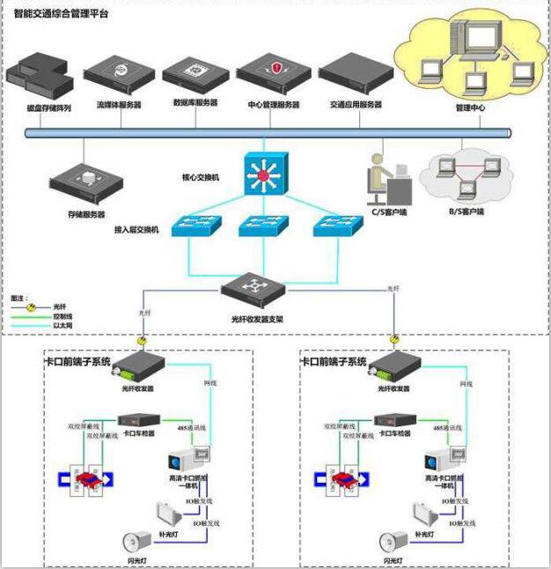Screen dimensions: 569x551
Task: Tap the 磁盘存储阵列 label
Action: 36,107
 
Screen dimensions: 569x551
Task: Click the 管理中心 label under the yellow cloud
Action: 470,107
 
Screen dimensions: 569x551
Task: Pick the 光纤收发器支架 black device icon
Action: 253,288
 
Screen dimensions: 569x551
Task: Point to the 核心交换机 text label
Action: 201,177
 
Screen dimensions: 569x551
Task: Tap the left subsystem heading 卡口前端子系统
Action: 77,361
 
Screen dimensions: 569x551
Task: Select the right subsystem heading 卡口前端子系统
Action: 334,361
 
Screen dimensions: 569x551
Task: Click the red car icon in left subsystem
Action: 86,478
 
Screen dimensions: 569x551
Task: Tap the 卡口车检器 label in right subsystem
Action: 394,433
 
